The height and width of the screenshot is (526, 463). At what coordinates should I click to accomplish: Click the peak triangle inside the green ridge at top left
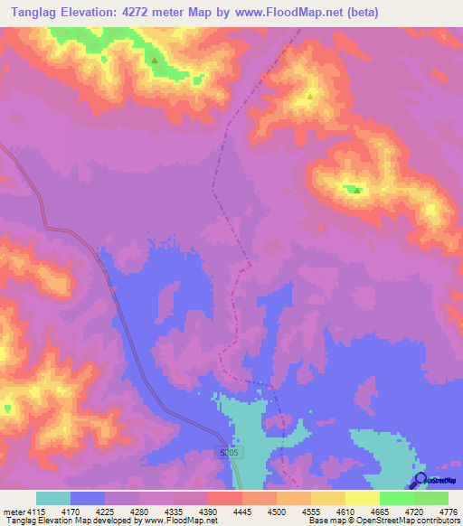coord(155,61)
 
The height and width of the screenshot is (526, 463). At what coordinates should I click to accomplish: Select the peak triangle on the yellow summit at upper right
coord(310,95)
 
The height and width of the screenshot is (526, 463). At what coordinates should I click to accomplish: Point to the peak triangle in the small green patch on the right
coord(356,190)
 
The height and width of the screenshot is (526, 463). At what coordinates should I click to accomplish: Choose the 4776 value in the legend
coord(448,512)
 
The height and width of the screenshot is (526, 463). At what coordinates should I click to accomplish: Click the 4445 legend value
coord(241,512)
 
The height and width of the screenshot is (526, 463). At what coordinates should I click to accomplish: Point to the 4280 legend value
coord(137,512)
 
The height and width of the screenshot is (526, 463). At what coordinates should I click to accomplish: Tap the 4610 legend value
coord(344,512)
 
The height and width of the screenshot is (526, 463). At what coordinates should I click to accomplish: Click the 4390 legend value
coord(206,512)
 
